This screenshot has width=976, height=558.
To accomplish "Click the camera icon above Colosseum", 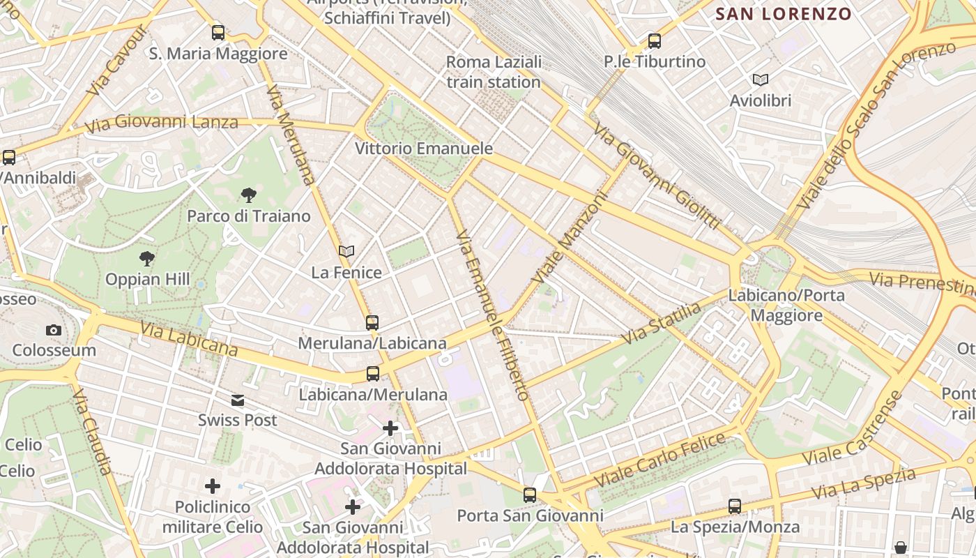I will (x=54, y=330).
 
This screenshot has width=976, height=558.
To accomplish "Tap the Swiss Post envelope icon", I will (x=238, y=400).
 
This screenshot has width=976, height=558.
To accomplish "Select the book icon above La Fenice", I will (x=346, y=251).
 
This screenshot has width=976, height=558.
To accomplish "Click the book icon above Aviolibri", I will (x=761, y=80).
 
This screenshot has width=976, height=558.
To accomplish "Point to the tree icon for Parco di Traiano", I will (x=248, y=195).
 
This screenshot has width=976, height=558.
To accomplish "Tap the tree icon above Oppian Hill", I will (x=147, y=259).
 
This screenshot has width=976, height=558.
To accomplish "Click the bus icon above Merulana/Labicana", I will (x=372, y=322).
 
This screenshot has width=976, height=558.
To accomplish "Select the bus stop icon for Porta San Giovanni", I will (x=530, y=495).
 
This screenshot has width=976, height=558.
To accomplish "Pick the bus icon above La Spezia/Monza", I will (x=735, y=506).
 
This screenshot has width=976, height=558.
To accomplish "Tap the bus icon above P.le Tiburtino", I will (x=654, y=41).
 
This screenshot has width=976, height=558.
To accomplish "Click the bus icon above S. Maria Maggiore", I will (x=218, y=33).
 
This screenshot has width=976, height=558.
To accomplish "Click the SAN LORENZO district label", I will (x=784, y=14).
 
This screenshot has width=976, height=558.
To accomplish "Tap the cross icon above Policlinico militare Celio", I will (x=213, y=485).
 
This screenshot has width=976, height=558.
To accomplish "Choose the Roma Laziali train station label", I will (x=494, y=72).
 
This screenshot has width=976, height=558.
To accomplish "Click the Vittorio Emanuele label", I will (x=424, y=149).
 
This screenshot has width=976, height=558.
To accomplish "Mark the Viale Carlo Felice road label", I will (x=663, y=460).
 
